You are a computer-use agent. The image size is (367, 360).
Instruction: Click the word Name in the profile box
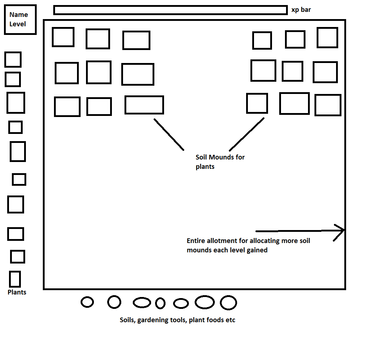pyautogui.click(x=18, y=15)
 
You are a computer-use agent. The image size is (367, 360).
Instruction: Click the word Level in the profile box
pyautogui.click(x=18, y=24)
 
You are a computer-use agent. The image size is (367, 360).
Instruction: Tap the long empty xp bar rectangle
pyautogui.click(x=170, y=10)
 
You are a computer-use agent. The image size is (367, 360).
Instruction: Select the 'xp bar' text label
pyautogui.click(x=301, y=10)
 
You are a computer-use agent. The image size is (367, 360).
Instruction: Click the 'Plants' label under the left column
pyautogui.click(x=17, y=292)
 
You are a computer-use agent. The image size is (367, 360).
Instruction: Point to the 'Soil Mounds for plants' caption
pyautogui.click(x=220, y=162)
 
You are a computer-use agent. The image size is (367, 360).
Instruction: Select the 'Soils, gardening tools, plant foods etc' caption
pyautogui.click(x=177, y=320)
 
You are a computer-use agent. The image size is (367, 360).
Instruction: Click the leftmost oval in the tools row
pyautogui.click(x=87, y=302)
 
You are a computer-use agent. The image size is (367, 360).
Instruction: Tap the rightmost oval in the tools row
pyautogui.click(x=228, y=303)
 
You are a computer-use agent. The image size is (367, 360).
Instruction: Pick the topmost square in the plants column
pyautogui.click(x=13, y=59)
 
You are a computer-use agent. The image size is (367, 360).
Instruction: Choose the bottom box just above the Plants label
pyautogui.click(x=15, y=279)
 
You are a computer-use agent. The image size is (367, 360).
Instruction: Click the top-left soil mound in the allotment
pyautogui.click(x=63, y=37)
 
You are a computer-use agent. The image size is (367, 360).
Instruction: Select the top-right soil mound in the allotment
pyautogui.click(x=327, y=37)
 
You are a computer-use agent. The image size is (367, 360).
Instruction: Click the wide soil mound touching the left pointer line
pyautogui.click(x=144, y=105)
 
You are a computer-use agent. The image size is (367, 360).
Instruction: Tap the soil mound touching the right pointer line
pyautogui.click(x=257, y=103)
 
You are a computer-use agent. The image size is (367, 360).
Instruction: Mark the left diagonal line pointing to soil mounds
pyautogui.click(x=169, y=134)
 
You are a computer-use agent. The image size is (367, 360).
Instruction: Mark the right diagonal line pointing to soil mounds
pyautogui.click(x=246, y=134)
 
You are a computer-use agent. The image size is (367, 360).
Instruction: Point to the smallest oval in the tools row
pyautogui.click(x=160, y=303)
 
